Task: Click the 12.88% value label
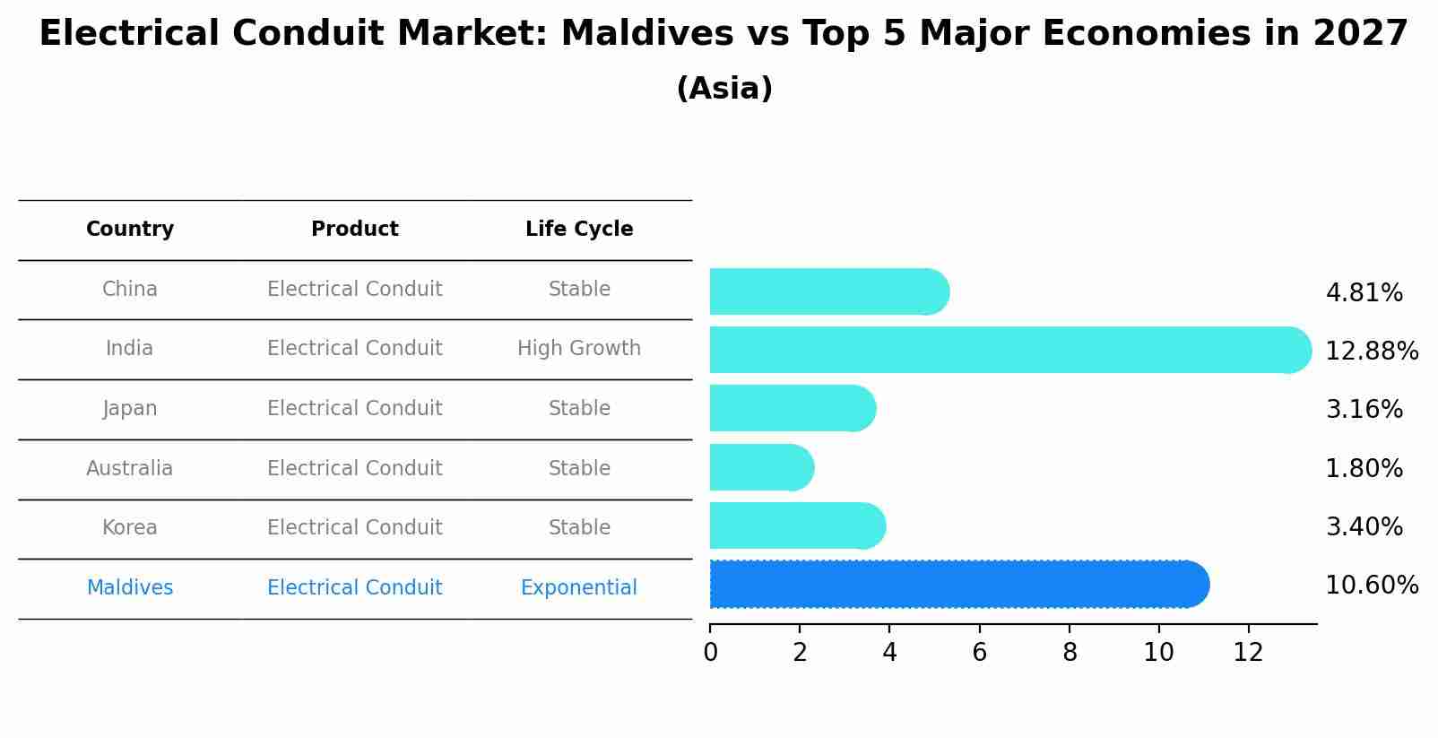click(1371, 351)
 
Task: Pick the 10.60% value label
click(1371, 586)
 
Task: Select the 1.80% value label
click(1364, 468)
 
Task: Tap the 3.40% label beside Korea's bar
click(1364, 526)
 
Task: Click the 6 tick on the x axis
click(979, 652)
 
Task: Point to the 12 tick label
click(1248, 652)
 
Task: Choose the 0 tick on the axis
click(711, 652)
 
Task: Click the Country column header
click(130, 230)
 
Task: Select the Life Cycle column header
click(579, 230)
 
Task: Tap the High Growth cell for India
click(579, 348)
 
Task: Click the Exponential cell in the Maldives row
click(579, 587)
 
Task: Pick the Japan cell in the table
click(130, 408)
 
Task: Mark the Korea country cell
click(130, 527)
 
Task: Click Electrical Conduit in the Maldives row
click(355, 587)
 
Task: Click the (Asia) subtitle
click(724, 89)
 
